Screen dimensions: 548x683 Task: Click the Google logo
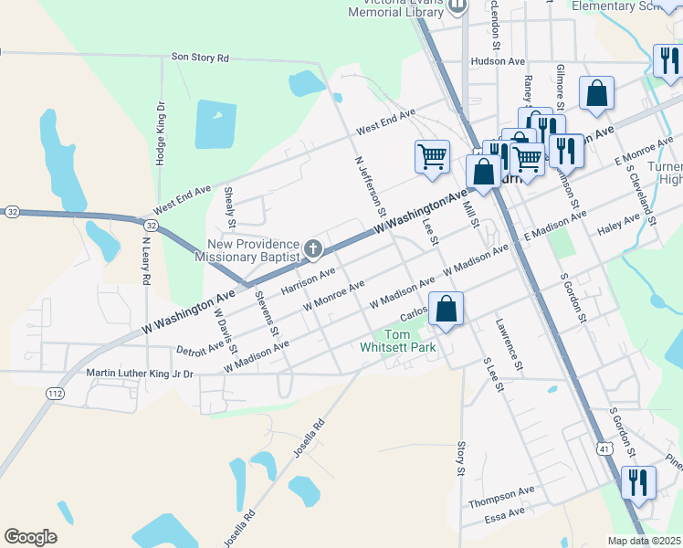[30, 537]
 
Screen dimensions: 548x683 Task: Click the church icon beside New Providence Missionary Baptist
[313, 248]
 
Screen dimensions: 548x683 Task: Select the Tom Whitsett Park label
[409, 341]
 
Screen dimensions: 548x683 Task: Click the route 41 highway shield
[604, 448]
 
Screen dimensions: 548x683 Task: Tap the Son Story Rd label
[199, 58]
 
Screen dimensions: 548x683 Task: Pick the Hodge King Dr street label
[161, 132]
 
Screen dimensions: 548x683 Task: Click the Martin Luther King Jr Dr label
[141, 373]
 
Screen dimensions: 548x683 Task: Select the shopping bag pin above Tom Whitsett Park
[446, 310]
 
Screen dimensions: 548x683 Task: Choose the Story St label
[461, 458]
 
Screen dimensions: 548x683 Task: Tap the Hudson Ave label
[498, 61]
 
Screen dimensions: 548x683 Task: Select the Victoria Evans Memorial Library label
[394, 8]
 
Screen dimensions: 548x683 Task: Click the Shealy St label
[231, 208]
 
